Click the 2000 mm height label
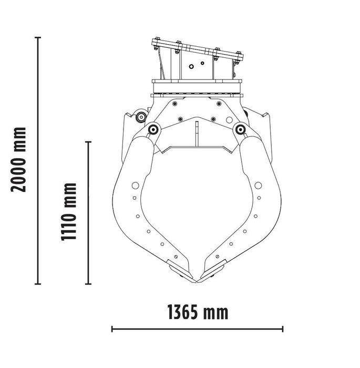(19, 159)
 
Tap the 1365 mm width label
(198, 312)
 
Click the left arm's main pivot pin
(153, 129)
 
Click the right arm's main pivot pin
(241, 128)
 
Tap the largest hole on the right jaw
(258, 186)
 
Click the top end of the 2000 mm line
(38, 37)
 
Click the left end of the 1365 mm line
(112, 330)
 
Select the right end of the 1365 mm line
(283, 330)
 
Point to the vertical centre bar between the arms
(197, 135)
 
